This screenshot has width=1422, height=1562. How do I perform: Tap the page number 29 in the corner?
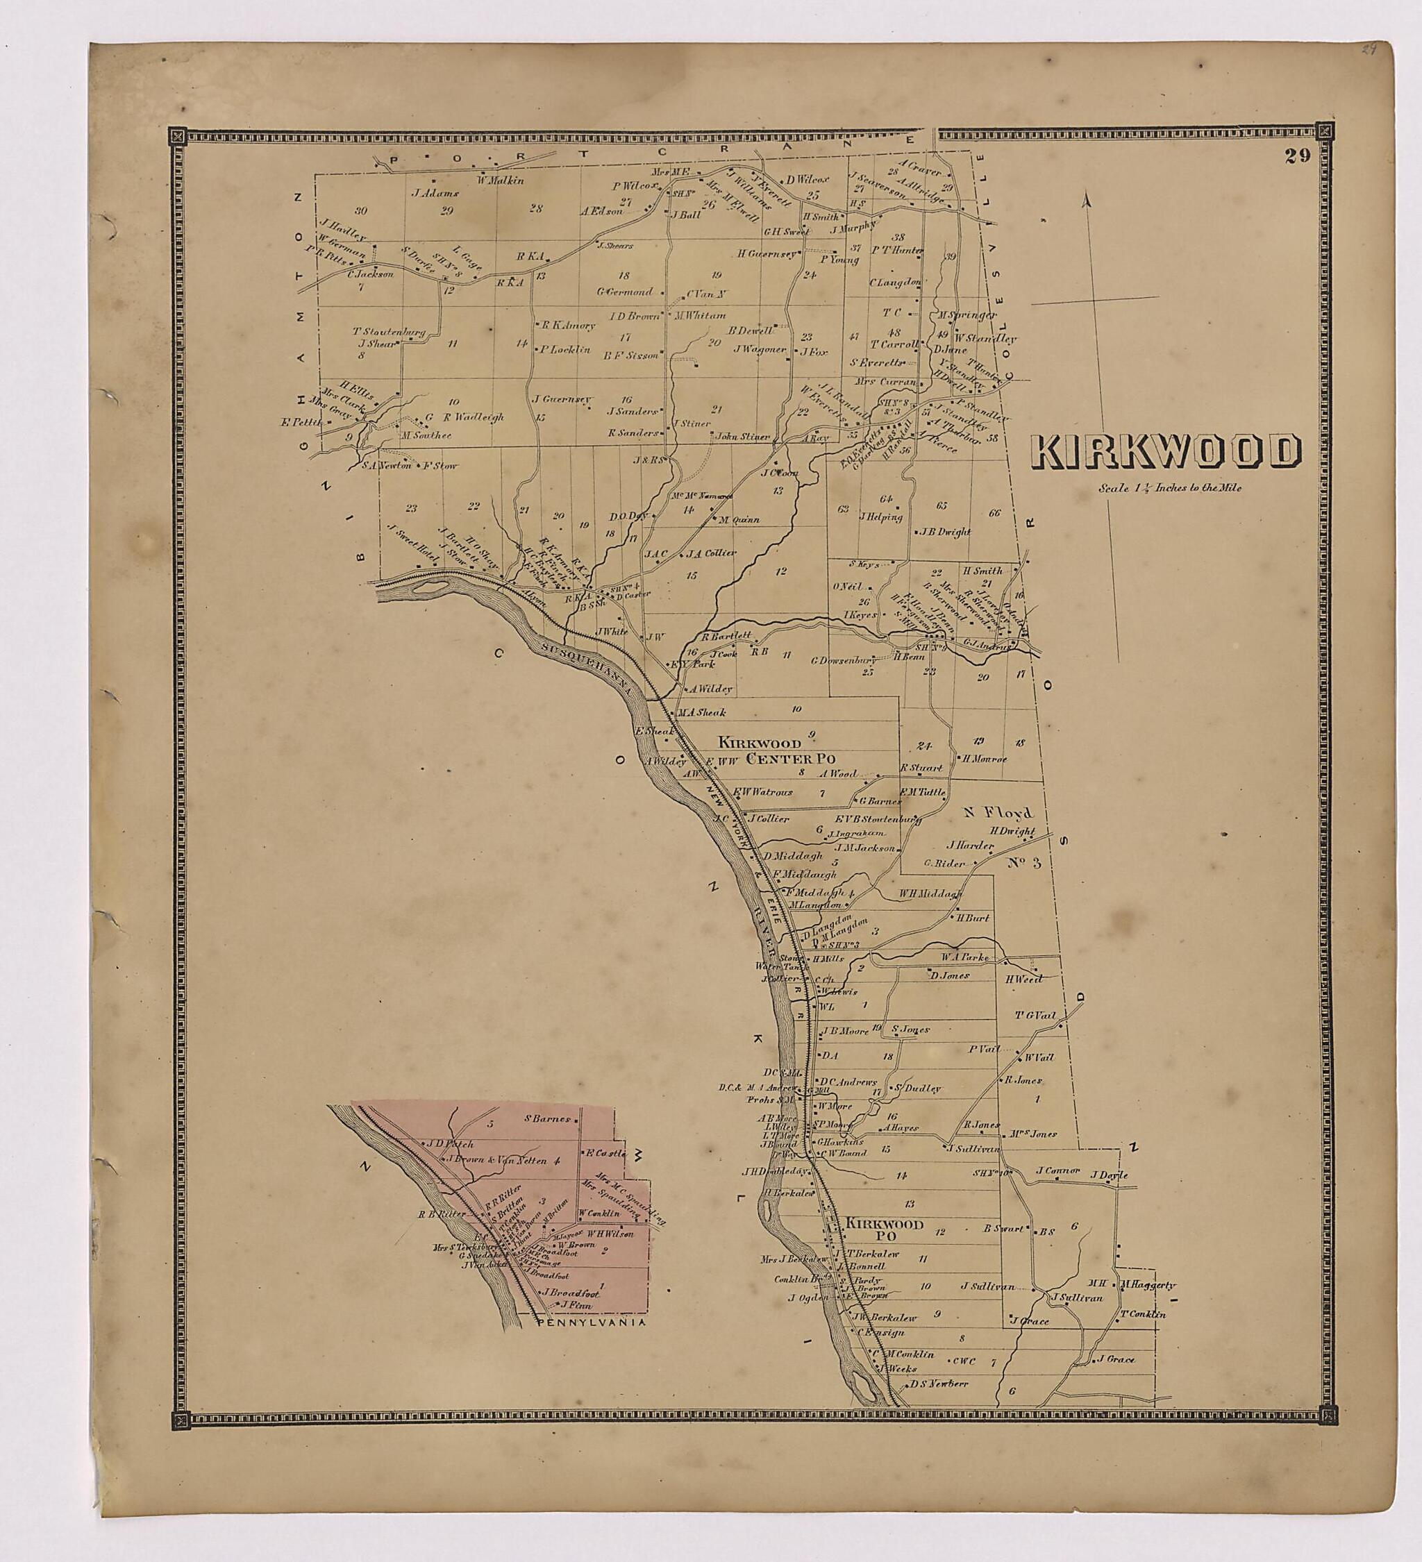[1296, 156]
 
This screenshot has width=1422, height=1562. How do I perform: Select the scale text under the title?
[1169, 489]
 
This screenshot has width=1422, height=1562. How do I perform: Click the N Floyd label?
[1000, 813]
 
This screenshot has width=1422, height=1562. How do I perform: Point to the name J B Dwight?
[946, 532]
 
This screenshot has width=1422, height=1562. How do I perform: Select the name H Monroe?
[983, 759]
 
